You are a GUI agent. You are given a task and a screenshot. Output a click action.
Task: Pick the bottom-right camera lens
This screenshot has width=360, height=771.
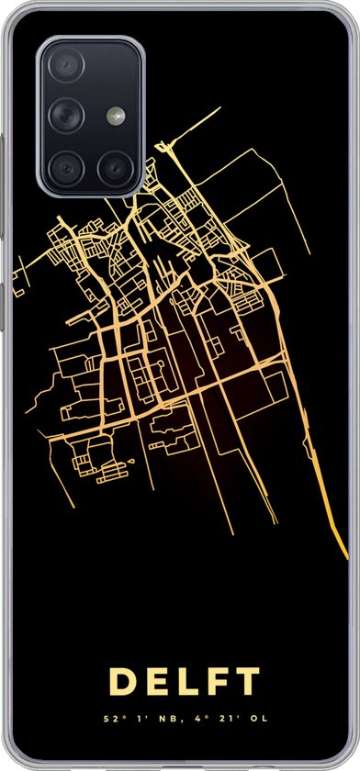[115, 166]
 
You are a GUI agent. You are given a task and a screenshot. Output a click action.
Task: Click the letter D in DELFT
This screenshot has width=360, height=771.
[122, 682]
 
